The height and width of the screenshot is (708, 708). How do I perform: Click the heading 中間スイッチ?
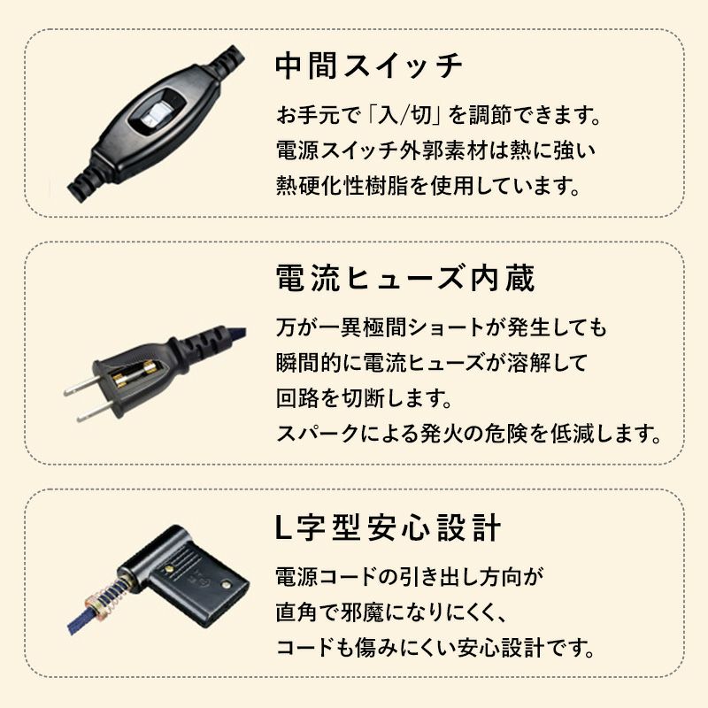369,66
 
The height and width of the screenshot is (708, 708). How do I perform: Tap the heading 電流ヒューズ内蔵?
404,280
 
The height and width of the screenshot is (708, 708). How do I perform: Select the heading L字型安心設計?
389,528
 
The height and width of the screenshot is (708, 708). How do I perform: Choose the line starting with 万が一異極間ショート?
442,328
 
